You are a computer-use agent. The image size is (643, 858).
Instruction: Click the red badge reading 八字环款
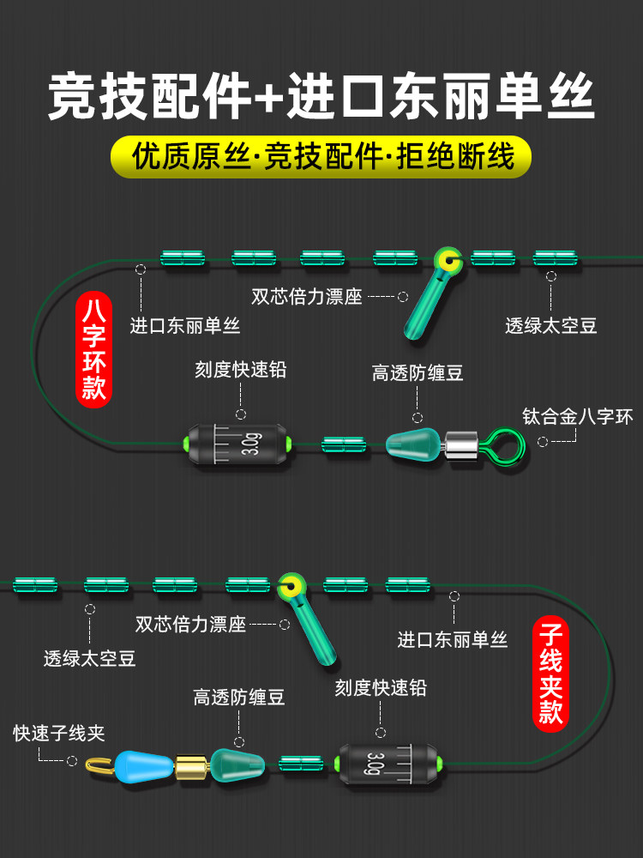pyautogui.click(x=93, y=349)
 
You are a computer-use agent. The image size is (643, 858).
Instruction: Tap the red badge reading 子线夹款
pyautogui.click(x=550, y=674)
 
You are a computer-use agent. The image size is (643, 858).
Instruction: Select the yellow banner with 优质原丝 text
pyautogui.click(x=321, y=157)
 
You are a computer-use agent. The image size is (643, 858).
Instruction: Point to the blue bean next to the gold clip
pyautogui.click(x=144, y=764)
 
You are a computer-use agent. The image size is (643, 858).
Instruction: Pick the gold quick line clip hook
pyautogui.click(x=100, y=764)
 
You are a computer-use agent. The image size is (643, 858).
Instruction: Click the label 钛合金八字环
pyautogui.click(x=577, y=417)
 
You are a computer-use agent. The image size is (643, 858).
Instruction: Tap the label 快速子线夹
pyautogui.click(x=59, y=734)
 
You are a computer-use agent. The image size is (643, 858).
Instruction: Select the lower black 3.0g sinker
pyautogui.click(x=388, y=764)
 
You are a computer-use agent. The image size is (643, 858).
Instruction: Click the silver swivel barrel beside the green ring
pyautogui.click(x=461, y=445)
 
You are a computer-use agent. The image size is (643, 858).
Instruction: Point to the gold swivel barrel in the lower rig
pyautogui.click(x=192, y=765)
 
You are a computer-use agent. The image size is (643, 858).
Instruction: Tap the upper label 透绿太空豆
pyautogui.click(x=550, y=326)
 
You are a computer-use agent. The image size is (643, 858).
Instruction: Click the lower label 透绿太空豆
pyautogui.click(x=90, y=658)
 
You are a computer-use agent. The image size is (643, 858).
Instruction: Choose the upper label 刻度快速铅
pyautogui.click(x=241, y=369)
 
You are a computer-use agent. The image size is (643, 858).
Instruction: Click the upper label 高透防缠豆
pyautogui.click(x=418, y=373)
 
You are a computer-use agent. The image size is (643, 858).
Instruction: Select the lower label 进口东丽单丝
pyautogui.click(x=453, y=639)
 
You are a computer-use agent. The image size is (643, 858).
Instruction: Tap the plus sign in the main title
pyautogui.click(x=268, y=98)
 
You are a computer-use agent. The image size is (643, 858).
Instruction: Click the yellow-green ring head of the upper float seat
pyautogui.click(x=448, y=261)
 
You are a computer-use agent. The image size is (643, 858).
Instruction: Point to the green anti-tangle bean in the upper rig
pyautogui.click(x=414, y=444)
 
